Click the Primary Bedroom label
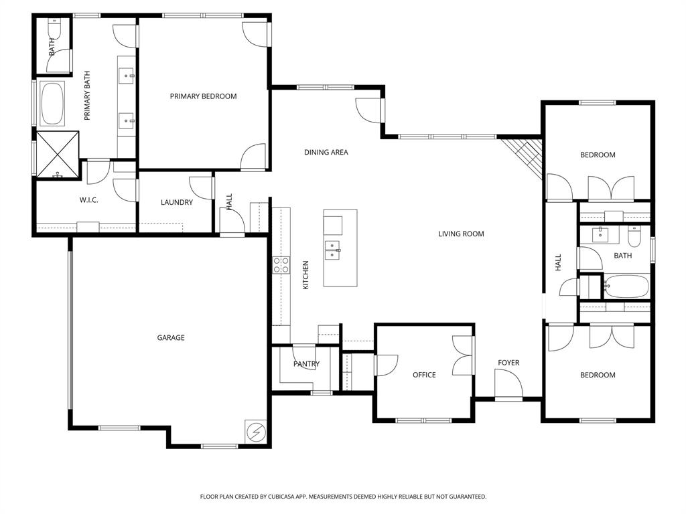(203, 96)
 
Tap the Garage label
(171, 338)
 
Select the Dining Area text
(326, 153)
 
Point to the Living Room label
(461, 234)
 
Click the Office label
(424, 375)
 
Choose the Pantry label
(306, 364)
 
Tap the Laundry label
(177, 202)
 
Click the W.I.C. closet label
(89, 200)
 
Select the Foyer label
(508, 363)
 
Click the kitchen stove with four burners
(281, 264)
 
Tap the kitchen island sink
(333, 250)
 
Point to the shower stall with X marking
(58, 155)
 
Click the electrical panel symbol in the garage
(255, 431)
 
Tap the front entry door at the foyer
(508, 385)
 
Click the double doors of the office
(464, 355)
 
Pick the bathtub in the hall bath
(626, 286)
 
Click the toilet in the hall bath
(634, 237)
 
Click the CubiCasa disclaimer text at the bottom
(343, 497)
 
